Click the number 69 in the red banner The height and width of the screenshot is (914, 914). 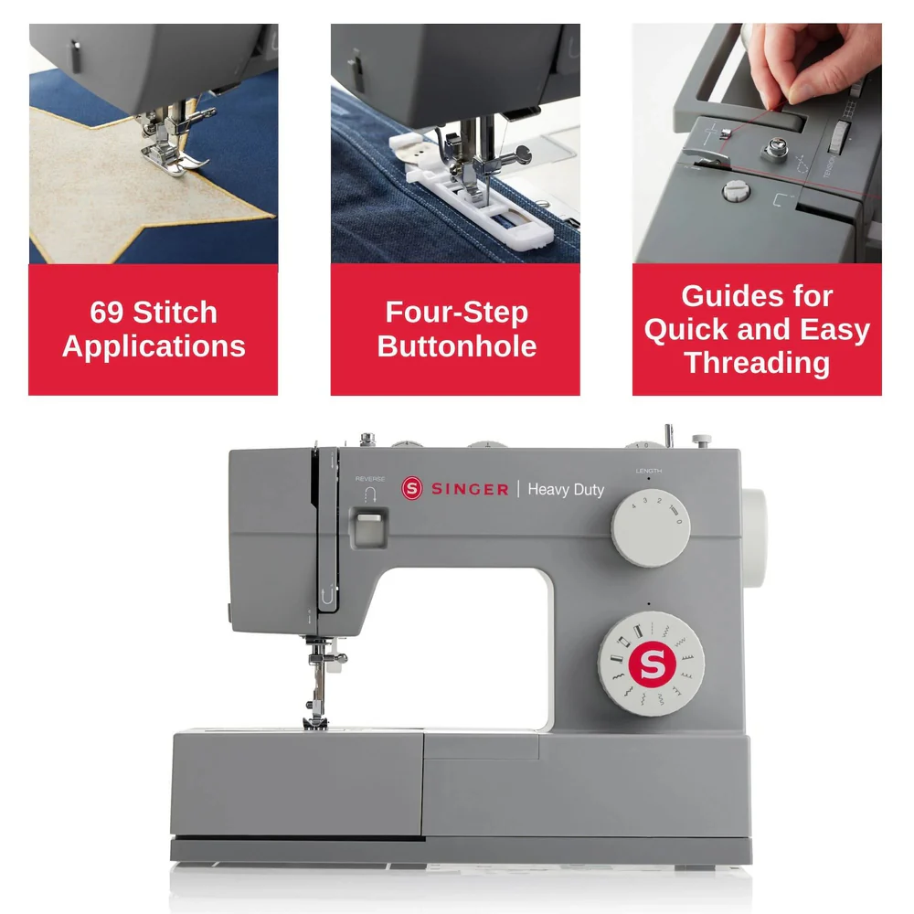click(x=109, y=313)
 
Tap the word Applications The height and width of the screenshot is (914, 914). click(x=154, y=346)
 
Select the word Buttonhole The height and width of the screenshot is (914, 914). click(x=456, y=346)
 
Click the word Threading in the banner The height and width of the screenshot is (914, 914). click(x=757, y=362)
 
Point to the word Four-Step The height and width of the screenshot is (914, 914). click(x=456, y=313)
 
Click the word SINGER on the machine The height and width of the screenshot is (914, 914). click(x=469, y=490)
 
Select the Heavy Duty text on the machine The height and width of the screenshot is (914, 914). click(x=566, y=490)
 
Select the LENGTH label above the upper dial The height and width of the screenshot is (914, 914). click(x=648, y=471)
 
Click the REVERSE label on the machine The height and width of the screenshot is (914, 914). click(x=369, y=478)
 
